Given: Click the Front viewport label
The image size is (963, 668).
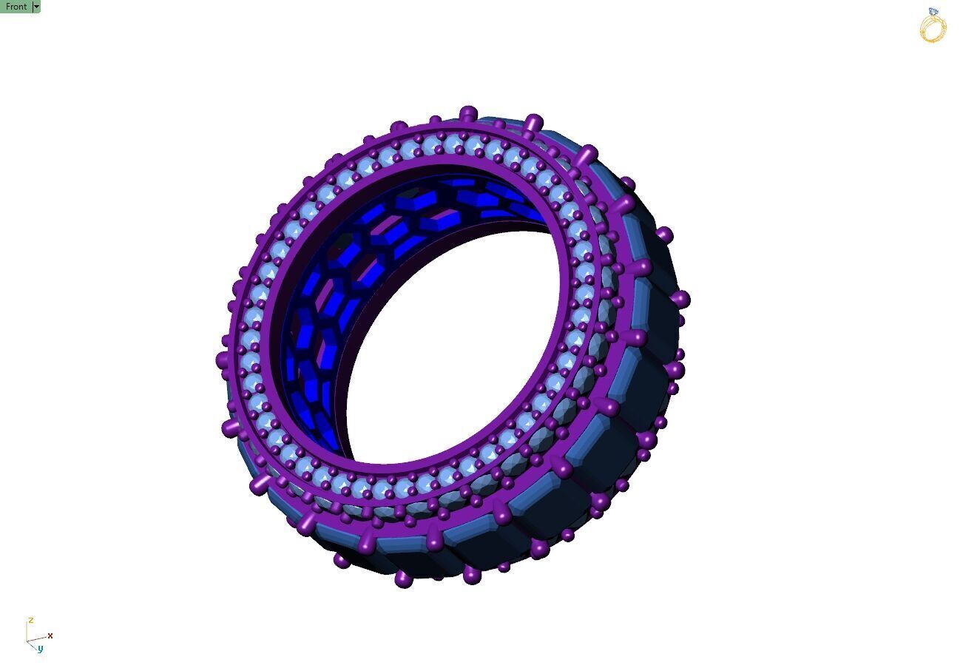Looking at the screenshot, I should [x=16, y=7].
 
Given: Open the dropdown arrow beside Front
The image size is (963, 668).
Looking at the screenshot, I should [x=37, y=7].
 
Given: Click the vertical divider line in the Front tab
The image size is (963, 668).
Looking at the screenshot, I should [x=33, y=7].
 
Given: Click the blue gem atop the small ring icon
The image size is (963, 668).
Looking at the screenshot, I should [x=933, y=12].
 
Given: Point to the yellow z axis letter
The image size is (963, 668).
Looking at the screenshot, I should [x=30, y=620].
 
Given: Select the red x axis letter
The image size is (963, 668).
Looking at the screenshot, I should [x=50, y=635].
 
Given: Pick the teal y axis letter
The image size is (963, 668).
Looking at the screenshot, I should [x=40, y=649].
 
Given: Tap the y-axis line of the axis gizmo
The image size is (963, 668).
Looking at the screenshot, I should [x=32, y=645].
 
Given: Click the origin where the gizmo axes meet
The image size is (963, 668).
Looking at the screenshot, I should [x=27, y=641].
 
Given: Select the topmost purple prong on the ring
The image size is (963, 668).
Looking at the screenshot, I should [x=468, y=114].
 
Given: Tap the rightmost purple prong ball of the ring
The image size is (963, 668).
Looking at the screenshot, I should [x=681, y=300].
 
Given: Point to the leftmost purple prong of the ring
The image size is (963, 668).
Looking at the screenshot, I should [x=220, y=360].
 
